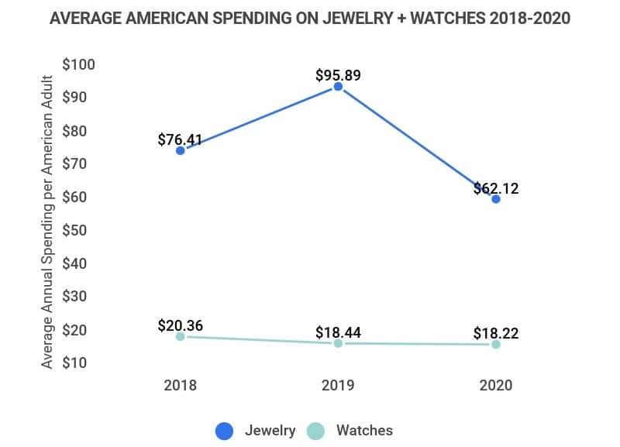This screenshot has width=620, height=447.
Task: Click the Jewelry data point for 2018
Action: pos(180,150)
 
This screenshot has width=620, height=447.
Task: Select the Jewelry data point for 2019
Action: pos(338,87)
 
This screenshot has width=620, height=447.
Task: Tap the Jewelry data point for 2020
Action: pos(496,199)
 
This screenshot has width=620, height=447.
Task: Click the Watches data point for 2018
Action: pos(180,336)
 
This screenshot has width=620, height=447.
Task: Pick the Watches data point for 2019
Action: pos(338,342)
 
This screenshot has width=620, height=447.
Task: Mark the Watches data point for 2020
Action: pos(496,344)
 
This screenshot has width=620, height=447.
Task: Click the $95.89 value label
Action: pos(338,76)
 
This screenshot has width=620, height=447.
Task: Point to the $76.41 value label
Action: pos(180,140)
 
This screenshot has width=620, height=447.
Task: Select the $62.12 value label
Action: pos(496,188)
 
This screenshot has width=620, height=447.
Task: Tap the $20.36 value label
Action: pos(180,325)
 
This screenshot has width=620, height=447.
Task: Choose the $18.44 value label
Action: pos(338,333)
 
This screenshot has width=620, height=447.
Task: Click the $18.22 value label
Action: pos(496,334)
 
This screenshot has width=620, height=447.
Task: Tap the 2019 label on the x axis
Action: pos(338,385)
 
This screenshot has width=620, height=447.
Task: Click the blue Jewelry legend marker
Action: pos(225,431)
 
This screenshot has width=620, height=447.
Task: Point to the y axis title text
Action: pos(47,222)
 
